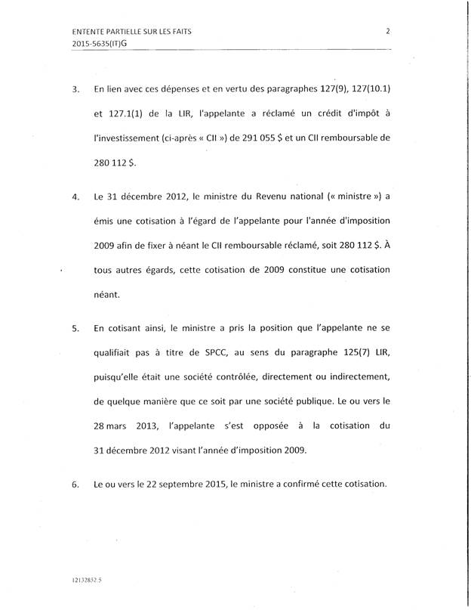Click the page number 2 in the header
(x=387, y=31)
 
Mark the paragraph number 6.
(x=75, y=485)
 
